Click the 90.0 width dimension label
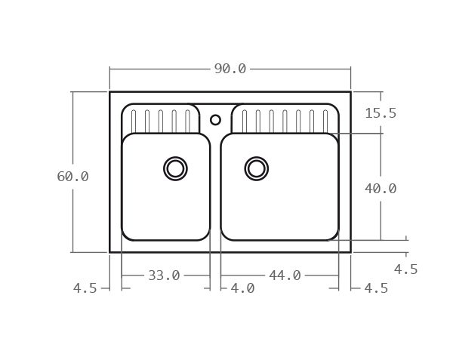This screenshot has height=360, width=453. point(230,69)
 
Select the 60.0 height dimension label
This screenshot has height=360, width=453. point(72,177)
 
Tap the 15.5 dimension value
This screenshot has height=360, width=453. point(381,113)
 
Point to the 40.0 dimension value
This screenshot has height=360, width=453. point(381,189)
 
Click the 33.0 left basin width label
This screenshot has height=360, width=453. point(164,275)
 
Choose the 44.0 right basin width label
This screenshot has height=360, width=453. point(285,275)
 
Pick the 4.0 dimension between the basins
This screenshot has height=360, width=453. point(242,288)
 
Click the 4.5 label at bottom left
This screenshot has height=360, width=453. point(85,288)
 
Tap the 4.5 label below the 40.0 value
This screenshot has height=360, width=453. point(405,269)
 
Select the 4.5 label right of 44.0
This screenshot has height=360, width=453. point(376,288)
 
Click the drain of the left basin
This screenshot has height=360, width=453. point(175,168)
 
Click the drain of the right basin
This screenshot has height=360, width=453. point(257,168)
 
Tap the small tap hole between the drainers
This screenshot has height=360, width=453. point(215,119)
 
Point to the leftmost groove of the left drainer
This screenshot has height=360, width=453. point(134,122)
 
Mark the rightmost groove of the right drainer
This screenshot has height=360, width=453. point(325,122)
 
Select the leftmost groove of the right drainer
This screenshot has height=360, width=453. point(245,122)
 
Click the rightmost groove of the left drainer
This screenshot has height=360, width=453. point(187,122)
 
